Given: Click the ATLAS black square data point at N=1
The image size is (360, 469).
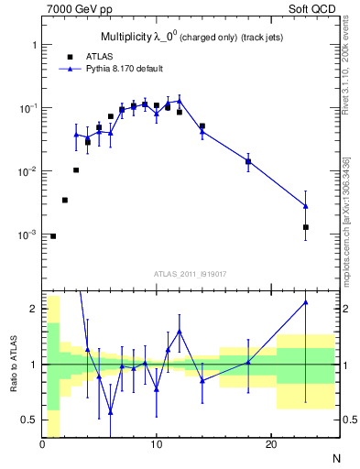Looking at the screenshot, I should tap(53, 236).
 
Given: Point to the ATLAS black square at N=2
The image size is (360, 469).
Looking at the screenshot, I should tap(65, 200).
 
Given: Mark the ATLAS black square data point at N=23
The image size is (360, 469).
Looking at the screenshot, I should tap(305, 227).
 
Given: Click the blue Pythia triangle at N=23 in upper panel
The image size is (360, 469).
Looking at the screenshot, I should tap(305, 206).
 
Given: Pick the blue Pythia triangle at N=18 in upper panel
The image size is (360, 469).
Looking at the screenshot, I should tap(248, 161).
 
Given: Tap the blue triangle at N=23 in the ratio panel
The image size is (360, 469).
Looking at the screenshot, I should tap(305, 302).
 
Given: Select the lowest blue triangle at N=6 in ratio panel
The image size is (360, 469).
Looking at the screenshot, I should tap(111, 411).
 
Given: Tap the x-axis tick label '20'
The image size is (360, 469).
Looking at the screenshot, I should tap(270, 445).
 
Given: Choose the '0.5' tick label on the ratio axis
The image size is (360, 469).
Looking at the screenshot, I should tap(29, 420).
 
